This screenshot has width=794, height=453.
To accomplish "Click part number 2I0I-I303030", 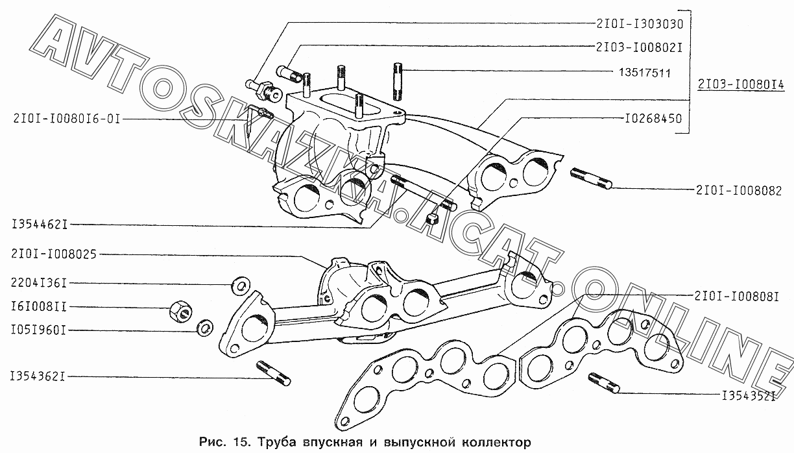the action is tap(640, 24).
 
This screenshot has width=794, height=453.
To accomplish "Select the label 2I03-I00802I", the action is tap(639, 47).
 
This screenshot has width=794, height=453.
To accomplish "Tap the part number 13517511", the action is tap(645, 73).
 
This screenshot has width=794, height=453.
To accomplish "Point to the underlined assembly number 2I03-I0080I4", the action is tap(741, 85).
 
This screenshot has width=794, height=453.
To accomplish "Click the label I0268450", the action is tap(653, 118).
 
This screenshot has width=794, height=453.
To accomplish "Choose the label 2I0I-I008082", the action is tap(739, 191).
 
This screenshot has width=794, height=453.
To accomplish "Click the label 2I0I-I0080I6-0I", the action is tap(67, 118).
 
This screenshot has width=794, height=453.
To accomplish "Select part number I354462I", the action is tap(40, 224).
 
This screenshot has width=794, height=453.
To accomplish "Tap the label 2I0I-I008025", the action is tap(54, 254).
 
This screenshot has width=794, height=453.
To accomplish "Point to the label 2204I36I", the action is tap(39, 283).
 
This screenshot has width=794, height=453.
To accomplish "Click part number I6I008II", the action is tap(39, 306).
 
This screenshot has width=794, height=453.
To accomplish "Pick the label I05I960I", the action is tap(39, 330).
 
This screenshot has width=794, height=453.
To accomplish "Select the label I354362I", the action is tap(38, 376).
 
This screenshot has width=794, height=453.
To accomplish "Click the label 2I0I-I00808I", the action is tap(736, 296).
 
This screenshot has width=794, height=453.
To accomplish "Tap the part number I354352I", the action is tap(749, 395).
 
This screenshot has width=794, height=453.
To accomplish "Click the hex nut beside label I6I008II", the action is tap(181, 311).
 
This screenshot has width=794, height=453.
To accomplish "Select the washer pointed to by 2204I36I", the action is tap(241, 286).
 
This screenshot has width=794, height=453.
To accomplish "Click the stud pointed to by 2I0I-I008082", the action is tap(591, 178).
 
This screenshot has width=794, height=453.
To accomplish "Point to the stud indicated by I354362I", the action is tap(274, 373).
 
